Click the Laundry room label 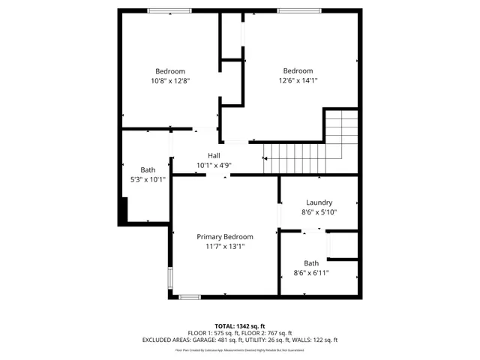(x=319, y=202)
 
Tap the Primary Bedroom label (x=225, y=236)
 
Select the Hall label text (x=214, y=155)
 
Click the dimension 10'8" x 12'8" (x=170, y=81)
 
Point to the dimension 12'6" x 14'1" (x=298, y=81)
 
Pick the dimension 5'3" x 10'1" (x=148, y=179)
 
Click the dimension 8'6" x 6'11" (x=310, y=273)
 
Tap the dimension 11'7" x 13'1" (x=225, y=246)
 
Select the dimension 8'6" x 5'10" (x=319, y=212)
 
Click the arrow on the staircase (x=265, y=158)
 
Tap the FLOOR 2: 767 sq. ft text (x=266, y=333)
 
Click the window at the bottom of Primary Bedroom (x=190, y=297)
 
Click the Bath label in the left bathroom (x=148, y=169)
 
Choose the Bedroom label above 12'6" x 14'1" (x=298, y=71)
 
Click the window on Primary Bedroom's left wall (x=171, y=278)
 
